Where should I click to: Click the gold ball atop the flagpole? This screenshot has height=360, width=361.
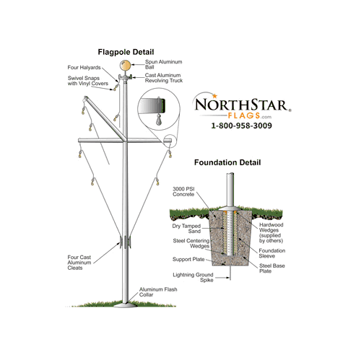pos(125,65)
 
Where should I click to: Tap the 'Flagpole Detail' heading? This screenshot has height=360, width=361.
pos(126,52)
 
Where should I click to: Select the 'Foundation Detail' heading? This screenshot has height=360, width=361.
pos(227,162)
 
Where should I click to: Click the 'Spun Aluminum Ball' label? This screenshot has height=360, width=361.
pos(164,64)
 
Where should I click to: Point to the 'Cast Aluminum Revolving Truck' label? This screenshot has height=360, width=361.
pos(164,78)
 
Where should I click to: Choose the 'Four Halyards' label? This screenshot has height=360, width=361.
pos(84,68)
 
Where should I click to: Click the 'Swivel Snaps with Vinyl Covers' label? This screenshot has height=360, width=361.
pos(88,81)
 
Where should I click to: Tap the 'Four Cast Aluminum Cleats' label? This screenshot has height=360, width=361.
pos(79,263)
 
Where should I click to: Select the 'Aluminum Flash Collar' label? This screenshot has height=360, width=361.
pos(158,292)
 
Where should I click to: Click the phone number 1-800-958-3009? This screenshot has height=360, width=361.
pos(241,126)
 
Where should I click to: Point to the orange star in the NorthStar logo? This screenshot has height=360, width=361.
pos(214,96)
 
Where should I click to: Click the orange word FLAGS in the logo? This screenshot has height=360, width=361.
pos(244,115)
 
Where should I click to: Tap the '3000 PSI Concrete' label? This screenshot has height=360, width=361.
pos(183,192)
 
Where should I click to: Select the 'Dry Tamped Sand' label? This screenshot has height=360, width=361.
pos(186,229)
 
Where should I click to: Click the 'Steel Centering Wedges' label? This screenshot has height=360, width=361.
pos(191,243)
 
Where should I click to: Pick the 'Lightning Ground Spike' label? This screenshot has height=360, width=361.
pos(193,277)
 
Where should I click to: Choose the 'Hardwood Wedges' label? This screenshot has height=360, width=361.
pos(271,227)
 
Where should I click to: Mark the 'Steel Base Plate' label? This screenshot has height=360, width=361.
pos(272,268)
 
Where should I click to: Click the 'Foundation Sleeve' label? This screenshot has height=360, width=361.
pos(272,253)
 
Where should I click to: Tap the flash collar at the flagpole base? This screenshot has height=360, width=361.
pos(125,305)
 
